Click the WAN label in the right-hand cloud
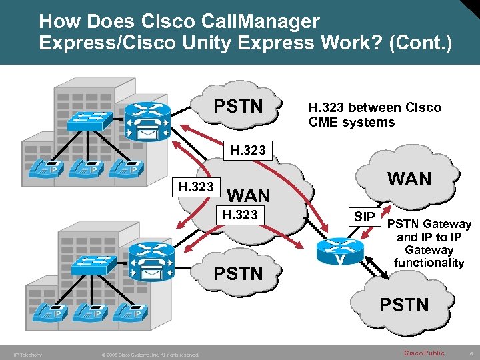click(x=409, y=179)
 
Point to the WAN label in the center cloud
click(x=249, y=195)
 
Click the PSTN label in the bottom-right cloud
click(x=405, y=305)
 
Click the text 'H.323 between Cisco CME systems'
click(x=375, y=115)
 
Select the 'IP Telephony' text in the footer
click(x=27, y=355)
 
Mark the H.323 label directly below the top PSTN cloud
click(x=247, y=151)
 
